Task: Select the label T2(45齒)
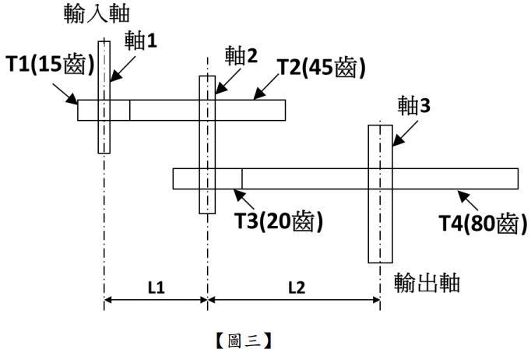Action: (x=322, y=67)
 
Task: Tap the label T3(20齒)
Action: (x=279, y=221)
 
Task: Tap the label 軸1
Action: (x=141, y=41)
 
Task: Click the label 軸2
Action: (x=241, y=55)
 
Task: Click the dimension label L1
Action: (x=156, y=288)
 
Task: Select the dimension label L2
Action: (x=295, y=288)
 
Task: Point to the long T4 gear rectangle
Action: (x=452, y=178)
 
